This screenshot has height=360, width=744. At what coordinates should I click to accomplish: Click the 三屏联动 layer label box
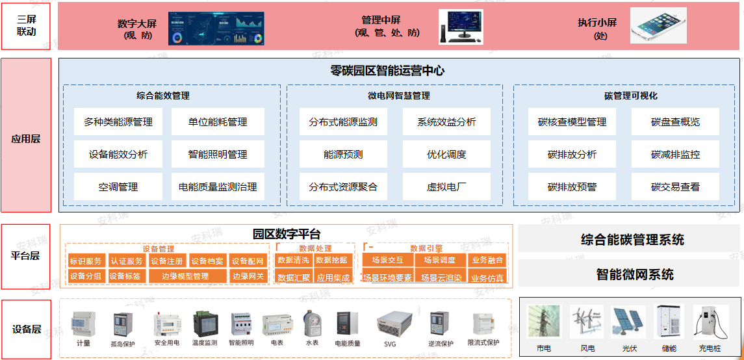[x=26, y=26]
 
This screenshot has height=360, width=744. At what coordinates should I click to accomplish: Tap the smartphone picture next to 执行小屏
[x=658, y=26]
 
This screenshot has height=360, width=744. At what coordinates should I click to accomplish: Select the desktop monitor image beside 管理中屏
[x=461, y=27]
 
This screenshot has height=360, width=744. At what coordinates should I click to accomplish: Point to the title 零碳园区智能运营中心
[x=387, y=71]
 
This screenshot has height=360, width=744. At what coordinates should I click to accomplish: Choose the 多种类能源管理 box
[x=118, y=122]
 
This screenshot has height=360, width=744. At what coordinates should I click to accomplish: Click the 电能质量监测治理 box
[x=218, y=187]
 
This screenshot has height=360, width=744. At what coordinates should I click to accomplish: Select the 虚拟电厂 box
[x=446, y=187]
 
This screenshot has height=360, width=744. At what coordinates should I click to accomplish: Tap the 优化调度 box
[x=446, y=155]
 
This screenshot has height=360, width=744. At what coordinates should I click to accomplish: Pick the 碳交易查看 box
[x=675, y=187]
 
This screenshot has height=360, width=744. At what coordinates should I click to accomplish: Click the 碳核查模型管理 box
[x=572, y=122]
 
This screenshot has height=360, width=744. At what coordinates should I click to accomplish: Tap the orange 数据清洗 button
[x=293, y=261]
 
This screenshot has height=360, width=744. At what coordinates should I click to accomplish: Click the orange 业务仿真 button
[x=487, y=277]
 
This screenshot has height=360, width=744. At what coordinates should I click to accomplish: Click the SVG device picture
[x=390, y=323]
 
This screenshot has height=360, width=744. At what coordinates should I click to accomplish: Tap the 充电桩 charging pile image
[x=710, y=322]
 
